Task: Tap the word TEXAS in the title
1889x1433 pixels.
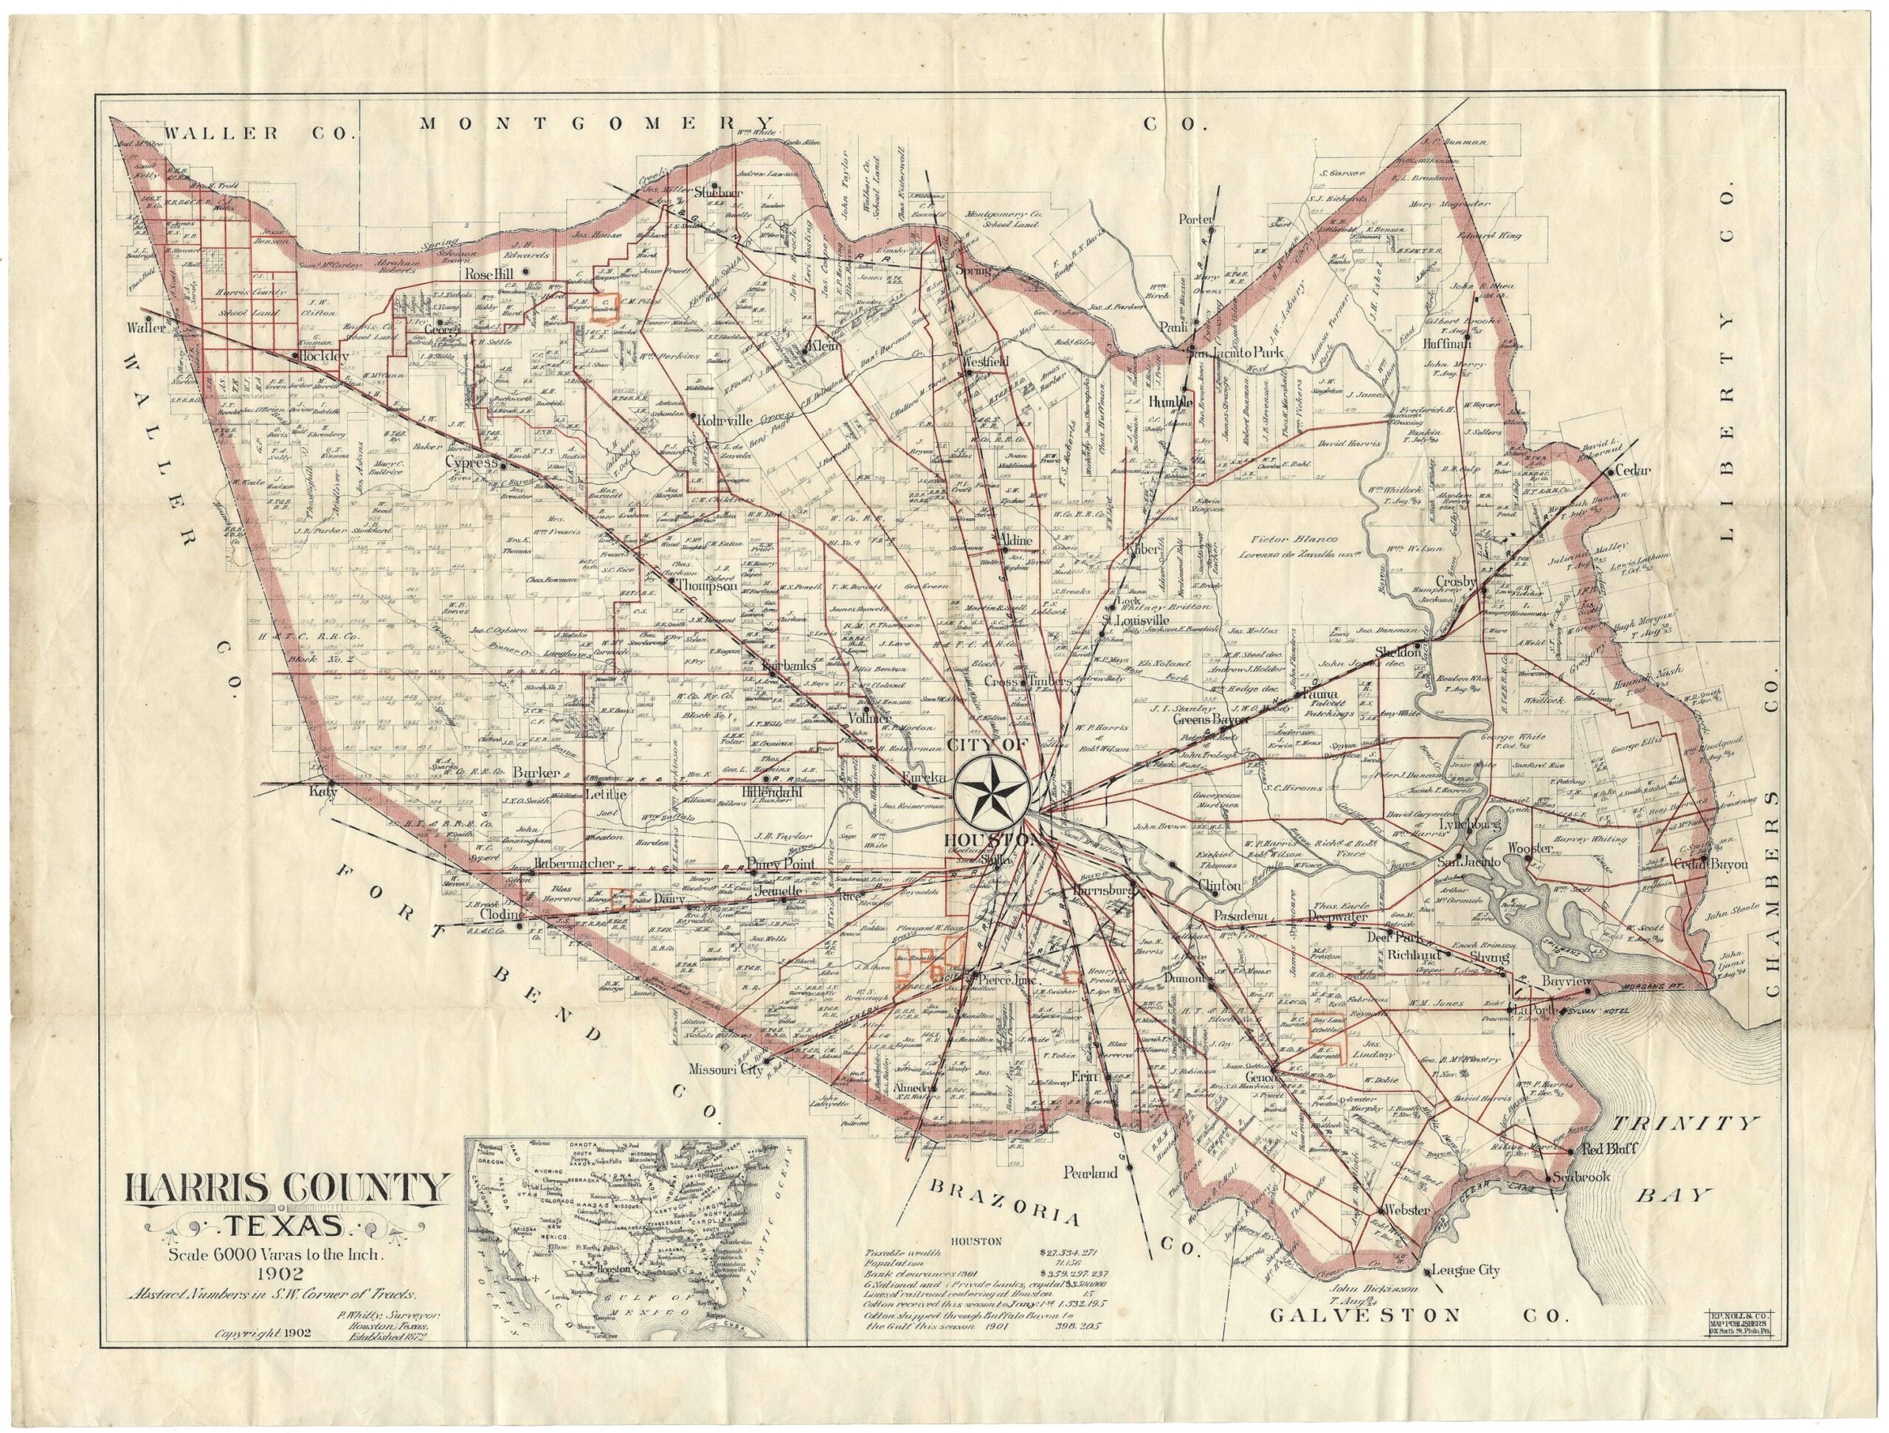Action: (286, 1231)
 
